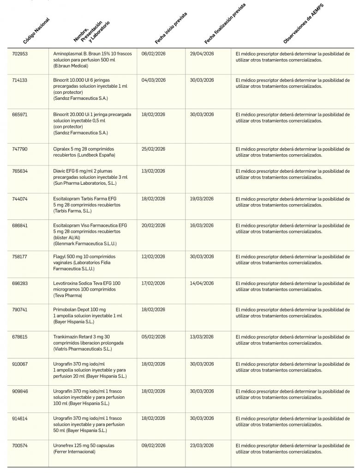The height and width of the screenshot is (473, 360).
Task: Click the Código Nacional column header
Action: click(x=36, y=31)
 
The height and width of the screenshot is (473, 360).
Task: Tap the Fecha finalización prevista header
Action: click(x=225, y=24)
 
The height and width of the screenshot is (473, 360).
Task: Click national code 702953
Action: click(x=20, y=54)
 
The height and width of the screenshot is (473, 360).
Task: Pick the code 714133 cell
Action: click(x=20, y=80)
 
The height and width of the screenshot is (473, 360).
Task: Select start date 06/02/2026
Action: click(x=153, y=54)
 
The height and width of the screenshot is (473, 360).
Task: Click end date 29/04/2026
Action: click(x=202, y=54)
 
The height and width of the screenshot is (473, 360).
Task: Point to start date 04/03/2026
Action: click(x=153, y=80)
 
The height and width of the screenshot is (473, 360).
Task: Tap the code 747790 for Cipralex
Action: click(x=20, y=149)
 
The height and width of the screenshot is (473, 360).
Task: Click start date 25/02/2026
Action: click(x=153, y=149)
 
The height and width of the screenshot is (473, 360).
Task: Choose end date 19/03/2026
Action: click(x=202, y=199)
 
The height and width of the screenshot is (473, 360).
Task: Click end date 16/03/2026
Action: click(x=202, y=225)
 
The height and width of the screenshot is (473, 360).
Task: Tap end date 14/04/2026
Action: click(x=202, y=283)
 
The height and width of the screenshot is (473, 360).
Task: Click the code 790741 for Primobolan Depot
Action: click(x=20, y=309)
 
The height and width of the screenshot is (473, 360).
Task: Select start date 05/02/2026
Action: click(x=153, y=337)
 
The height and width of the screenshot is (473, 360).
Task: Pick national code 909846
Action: click(x=20, y=391)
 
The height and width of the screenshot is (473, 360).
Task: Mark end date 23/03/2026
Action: click(x=202, y=446)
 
